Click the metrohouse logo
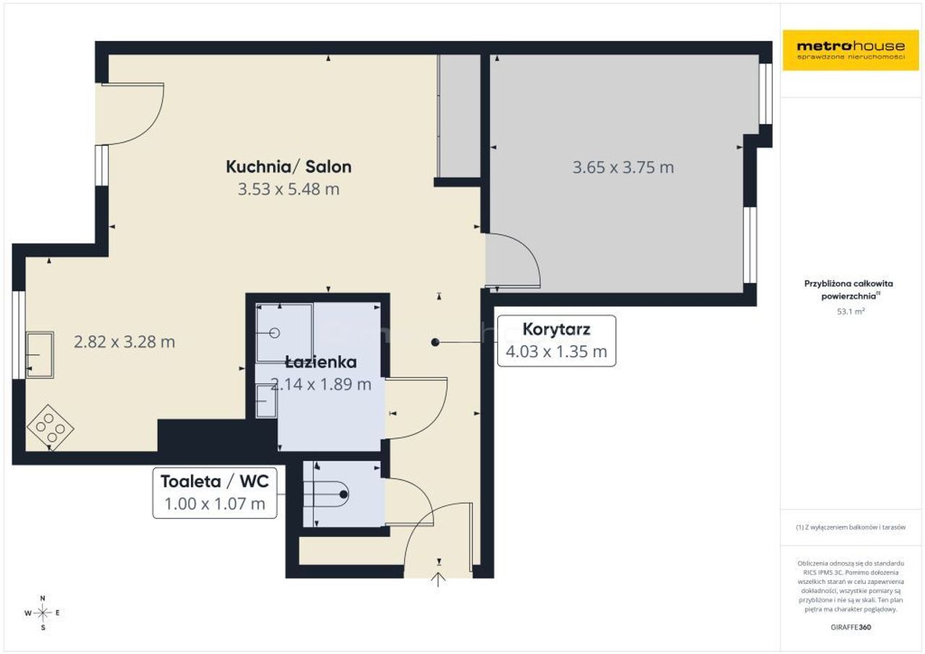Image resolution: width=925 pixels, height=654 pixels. coord(851,50)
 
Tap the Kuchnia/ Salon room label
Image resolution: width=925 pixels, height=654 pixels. coord(288,166)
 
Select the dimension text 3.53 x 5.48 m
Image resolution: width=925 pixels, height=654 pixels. coord(288,189)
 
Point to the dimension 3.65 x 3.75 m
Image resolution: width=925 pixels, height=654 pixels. coord(623,167)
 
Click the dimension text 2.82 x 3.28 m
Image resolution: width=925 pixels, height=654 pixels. coord(124,342)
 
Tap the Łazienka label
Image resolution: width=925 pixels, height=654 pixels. coord(321,362)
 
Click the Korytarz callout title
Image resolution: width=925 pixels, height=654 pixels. coord(556,329)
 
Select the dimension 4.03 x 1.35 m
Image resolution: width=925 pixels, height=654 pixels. coord(556,351)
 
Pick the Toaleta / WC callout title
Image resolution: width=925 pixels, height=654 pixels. coord(215,481)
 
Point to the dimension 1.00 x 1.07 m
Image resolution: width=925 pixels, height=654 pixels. coord(215,504)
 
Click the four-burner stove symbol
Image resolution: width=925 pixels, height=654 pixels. coord(50,427)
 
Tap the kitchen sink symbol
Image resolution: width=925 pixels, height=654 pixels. coord(40,355)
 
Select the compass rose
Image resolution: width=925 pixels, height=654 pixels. coord(43,613)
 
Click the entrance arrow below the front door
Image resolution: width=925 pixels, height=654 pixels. coord(439,580)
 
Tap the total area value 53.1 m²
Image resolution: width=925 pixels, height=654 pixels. coord(851,311)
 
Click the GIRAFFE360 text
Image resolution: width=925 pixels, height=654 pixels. coord(851,627)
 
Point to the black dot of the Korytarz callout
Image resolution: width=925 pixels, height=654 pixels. coord(435,343)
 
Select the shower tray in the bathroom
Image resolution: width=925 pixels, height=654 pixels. coord(284,332)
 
